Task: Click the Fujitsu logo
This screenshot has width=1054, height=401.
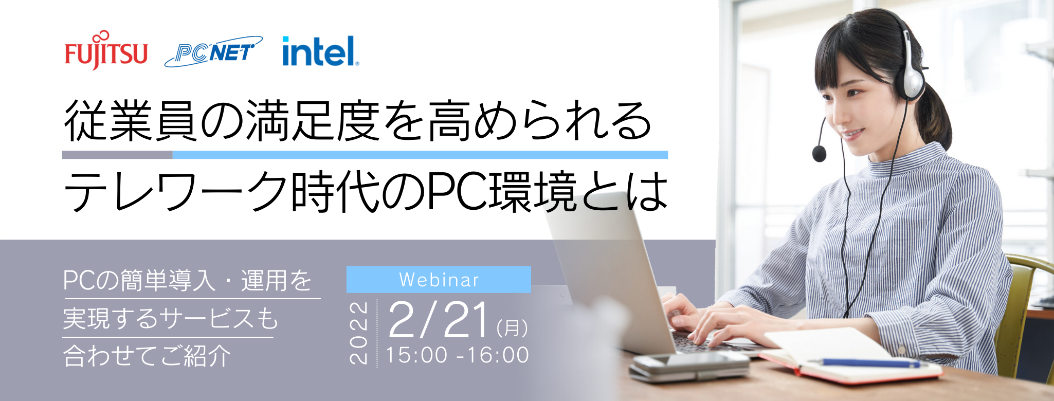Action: tap(106, 51)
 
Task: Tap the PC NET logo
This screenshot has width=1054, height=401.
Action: tap(213, 52)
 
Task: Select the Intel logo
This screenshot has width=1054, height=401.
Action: tap(320, 51)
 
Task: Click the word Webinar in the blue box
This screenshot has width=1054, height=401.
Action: tap(439, 280)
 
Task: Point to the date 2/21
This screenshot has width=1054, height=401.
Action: tap(439, 320)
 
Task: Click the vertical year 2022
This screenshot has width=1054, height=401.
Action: tap(358, 333)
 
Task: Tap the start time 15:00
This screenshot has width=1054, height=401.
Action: tap(417, 355)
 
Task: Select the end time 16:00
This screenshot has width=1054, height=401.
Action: tap(498, 355)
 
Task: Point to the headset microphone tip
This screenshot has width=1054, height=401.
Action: tap(819, 153)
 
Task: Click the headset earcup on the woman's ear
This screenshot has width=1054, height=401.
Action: tap(913, 77)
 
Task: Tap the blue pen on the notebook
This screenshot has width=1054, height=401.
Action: tap(869, 363)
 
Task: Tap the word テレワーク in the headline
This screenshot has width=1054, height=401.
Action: tap(175, 192)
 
